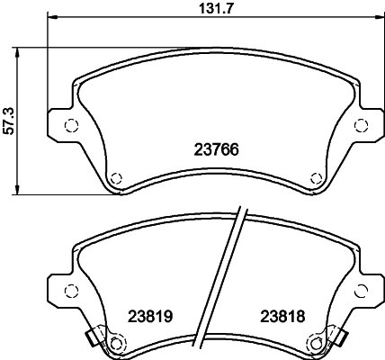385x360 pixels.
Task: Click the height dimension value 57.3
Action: [x=8, y=120]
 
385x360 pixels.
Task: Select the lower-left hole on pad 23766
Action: [x=116, y=176]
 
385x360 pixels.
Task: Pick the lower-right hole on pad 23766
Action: [x=315, y=176]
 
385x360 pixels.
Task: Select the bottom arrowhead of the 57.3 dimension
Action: [x=19, y=190]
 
